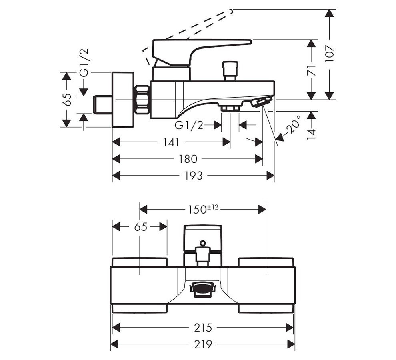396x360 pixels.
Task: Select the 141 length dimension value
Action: [170, 142]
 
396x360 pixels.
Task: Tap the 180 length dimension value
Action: [188, 159]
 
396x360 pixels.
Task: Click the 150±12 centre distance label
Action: [203, 209]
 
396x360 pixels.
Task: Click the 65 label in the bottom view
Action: [140, 227]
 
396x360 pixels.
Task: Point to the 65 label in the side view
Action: [67, 99]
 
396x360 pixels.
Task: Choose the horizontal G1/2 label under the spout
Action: [189, 125]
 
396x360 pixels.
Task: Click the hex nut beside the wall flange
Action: [142, 99]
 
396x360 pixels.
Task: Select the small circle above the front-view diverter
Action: [203, 242]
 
